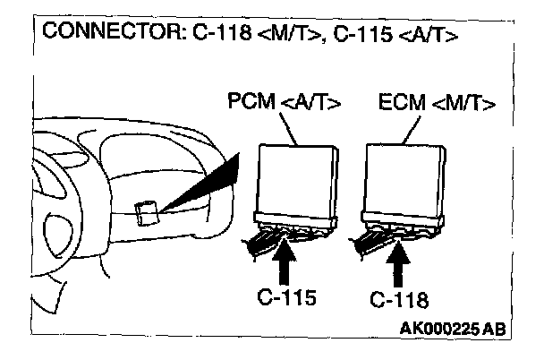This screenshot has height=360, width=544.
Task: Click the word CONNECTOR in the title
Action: [93, 34]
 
